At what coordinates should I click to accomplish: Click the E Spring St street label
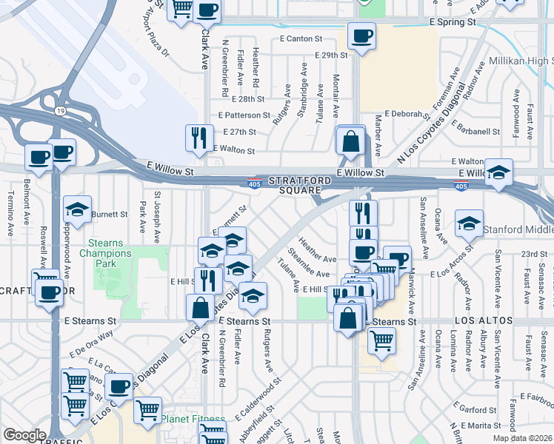(453, 23)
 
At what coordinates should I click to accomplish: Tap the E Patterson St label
(245, 115)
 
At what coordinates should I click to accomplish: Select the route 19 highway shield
(59, 111)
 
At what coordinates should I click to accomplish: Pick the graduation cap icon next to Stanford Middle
(469, 223)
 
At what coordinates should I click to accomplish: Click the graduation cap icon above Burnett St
(77, 209)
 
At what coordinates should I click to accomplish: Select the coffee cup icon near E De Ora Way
(119, 386)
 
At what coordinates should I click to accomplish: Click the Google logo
(24, 435)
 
